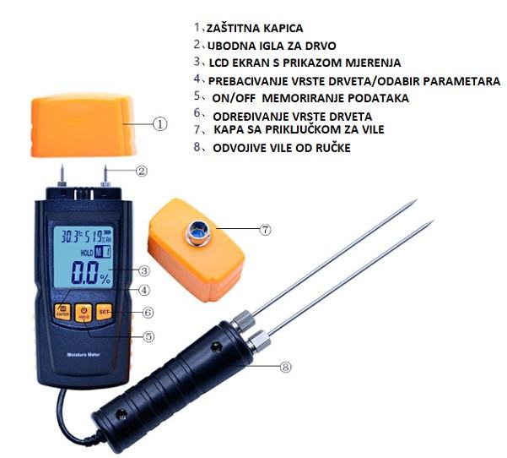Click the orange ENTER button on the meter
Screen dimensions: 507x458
coord(62,312)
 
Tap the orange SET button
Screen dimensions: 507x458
coord(104,312)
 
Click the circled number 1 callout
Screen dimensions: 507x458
coord(159,124)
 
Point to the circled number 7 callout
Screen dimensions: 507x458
coord(265,230)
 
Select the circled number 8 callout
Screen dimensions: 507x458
coord(285,367)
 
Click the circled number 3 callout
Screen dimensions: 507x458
coord(144,270)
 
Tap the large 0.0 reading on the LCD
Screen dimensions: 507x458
coord(84,272)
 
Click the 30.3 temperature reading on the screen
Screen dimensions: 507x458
coord(70,237)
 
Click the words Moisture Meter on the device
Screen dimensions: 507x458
coord(84,355)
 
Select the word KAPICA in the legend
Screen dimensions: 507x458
coord(283,29)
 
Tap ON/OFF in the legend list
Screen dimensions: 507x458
coord(235,98)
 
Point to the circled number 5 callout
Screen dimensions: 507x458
coord(148,336)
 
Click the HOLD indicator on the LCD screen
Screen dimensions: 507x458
coord(87,253)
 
